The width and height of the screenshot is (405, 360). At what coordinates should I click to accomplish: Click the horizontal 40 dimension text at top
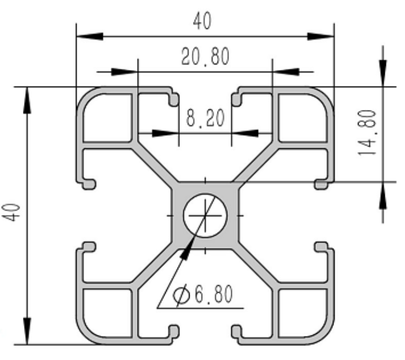tap(202, 20)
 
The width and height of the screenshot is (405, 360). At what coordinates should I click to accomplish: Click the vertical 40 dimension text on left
tap(11, 213)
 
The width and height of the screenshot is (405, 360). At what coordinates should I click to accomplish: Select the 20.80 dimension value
tap(206, 56)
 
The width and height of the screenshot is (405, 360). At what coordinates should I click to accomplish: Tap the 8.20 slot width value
tap(206, 118)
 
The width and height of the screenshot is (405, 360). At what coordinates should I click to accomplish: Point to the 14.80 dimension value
tap(367, 133)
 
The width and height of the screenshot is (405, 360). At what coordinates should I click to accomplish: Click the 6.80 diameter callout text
tap(214, 294)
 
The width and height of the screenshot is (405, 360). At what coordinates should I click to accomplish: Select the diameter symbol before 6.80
tap(181, 295)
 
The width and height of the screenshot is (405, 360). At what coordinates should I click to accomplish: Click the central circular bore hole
tap(206, 215)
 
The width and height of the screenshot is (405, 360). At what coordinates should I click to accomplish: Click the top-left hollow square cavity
tap(107, 118)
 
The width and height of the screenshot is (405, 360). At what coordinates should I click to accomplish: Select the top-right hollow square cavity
tap(303, 118)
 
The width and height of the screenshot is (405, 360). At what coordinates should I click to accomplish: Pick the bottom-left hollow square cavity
tap(107, 313)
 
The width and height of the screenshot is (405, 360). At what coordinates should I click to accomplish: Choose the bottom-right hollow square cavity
tap(303, 313)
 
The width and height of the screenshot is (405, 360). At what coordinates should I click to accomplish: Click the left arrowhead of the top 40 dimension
tap(90, 37)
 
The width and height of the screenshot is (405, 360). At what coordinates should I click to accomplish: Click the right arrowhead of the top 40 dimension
tap(320, 37)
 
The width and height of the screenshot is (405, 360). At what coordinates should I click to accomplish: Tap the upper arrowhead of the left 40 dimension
tap(27, 100)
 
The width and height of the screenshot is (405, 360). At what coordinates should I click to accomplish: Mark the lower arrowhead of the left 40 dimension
tap(27, 331)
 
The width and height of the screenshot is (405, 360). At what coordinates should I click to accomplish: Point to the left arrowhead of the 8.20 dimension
tap(165, 133)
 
